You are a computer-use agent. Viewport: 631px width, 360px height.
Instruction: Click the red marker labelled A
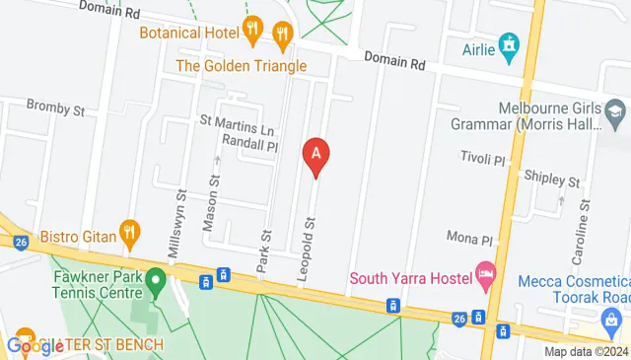click(315, 156)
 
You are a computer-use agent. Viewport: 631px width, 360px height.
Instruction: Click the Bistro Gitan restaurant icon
click(128, 235)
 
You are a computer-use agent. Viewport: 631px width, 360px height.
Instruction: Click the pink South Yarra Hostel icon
click(485, 270)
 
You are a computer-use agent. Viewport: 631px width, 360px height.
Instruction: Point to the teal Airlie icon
click(509, 44)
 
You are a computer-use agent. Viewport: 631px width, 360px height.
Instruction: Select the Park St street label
click(264, 251)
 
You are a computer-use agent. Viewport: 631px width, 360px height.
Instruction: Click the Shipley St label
click(552, 181)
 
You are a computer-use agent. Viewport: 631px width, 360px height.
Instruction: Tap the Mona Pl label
click(468, 239)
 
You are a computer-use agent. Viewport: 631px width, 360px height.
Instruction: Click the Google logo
click(35, 345)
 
